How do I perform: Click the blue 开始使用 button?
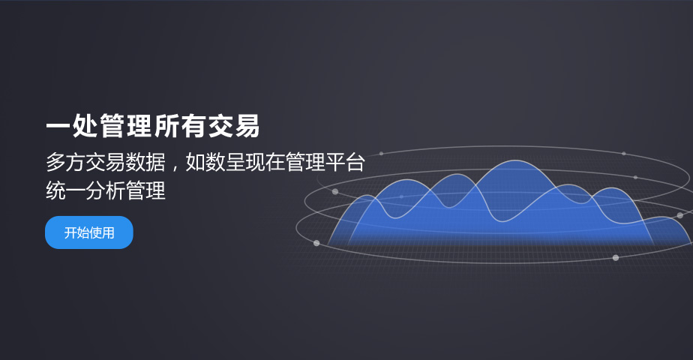coord(88,232)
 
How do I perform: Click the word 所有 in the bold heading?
coord(178,126)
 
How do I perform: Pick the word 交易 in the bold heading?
coord(233,126)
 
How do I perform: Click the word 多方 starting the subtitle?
coord(65,162)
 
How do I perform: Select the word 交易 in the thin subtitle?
coord(105,162)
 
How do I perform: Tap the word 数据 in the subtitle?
coord(145,162)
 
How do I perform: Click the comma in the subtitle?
coord(175,168)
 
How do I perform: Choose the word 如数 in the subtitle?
coord(205,162)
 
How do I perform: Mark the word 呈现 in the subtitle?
coord(244,162)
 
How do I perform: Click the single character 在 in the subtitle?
coord(274,162)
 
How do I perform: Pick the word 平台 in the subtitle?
coord(345,162)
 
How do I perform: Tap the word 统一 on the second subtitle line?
coord(65,190)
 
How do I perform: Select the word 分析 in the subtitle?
coord(105,190)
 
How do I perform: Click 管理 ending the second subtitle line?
coord(145,190)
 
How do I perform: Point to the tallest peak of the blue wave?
coord(515,161)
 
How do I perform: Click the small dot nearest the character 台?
coord(381,153)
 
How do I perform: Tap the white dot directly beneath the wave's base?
coord(616,257)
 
